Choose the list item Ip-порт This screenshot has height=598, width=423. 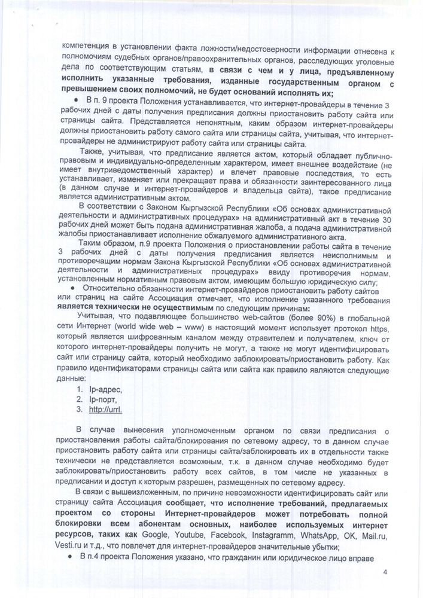coord(104,399)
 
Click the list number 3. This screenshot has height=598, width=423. coord(78,410)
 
